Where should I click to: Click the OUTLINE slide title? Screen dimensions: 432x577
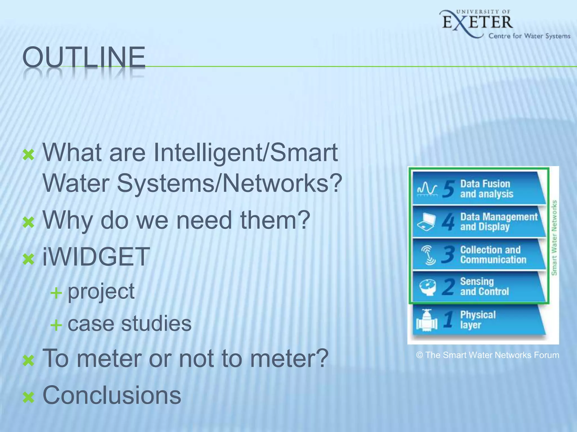click(x=84, y=58)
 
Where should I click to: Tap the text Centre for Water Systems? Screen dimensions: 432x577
click(x=529, y=36)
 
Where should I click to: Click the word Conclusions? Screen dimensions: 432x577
click(x=112, y=395)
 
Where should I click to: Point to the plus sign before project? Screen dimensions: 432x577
click(x=56, y=293)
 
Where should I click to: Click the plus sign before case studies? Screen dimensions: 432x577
click(x=56, y=325)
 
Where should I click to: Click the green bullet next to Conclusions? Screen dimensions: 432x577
click(x=28, y=398)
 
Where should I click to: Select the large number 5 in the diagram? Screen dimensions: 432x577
click(x=448, y=189)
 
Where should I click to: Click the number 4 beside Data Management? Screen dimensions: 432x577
click(x=448, y=222)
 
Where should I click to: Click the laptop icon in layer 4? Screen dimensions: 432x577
click(x=426, y=222)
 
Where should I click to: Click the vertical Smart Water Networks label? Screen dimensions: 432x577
click(x=554, y=238)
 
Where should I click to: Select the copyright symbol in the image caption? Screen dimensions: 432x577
click(x=419, y=355)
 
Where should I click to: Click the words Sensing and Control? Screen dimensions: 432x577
click(x=485, y=286)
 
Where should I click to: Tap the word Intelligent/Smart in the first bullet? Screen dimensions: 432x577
click(x=246, y=153)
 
